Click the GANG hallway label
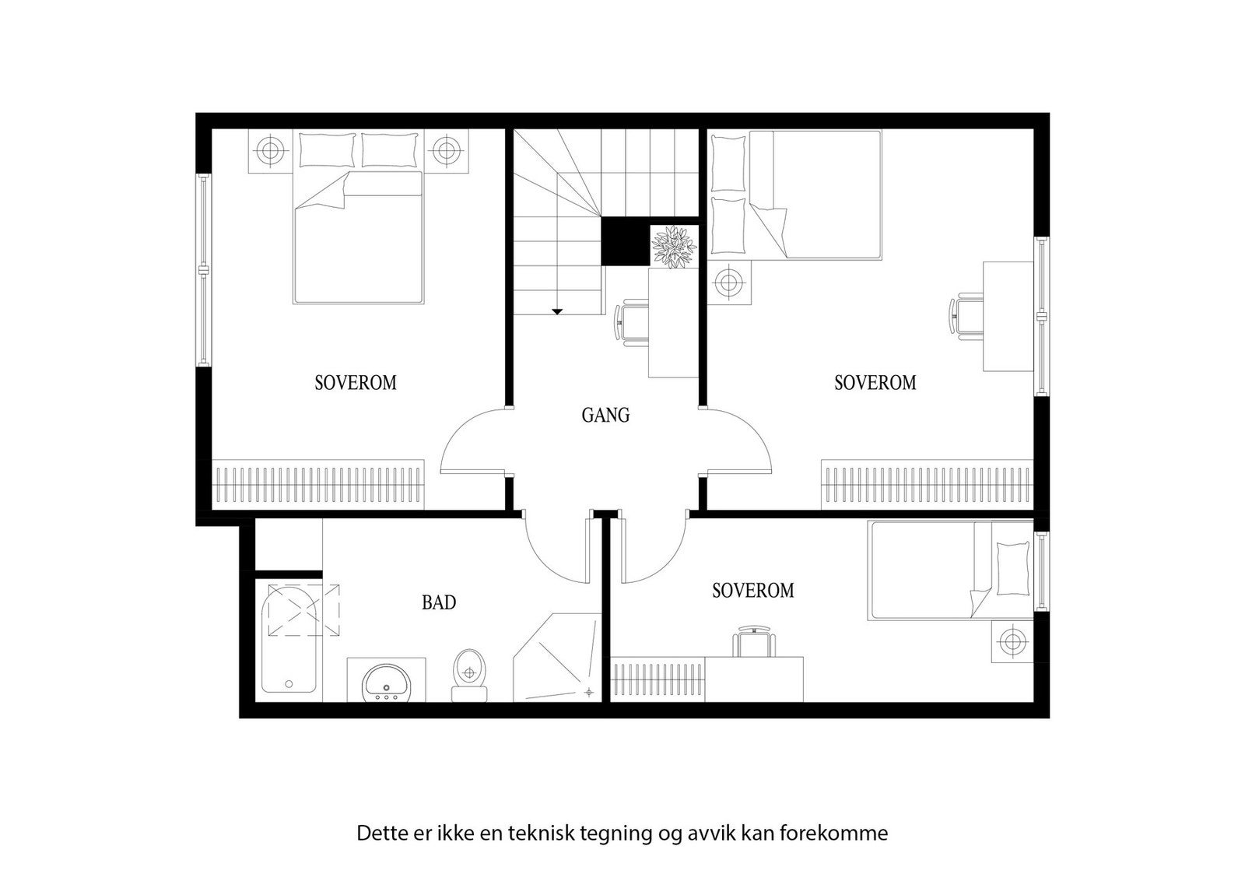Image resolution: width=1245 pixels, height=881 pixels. [x=605, y=416]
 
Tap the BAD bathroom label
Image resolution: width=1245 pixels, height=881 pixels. [x=439, y=602]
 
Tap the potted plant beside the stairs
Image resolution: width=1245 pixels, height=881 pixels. [x=674, y=247]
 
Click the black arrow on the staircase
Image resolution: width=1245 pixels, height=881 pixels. [x=557, y=311]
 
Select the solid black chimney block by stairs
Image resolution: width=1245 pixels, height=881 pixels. [x=626, y=241]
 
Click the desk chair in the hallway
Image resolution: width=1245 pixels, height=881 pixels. [x=632, y=322]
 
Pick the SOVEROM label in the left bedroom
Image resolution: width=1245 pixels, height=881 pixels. [x=356, y=383]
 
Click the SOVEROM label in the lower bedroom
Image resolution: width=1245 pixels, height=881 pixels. [x=752, y=591]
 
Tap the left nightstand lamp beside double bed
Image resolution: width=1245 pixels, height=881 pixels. [x=270, y=150]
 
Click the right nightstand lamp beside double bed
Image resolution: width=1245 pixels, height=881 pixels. [x=446, y=150]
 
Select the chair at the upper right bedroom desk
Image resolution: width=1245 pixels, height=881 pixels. [x=966, y=316]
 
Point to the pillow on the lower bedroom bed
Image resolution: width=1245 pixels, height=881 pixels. [x=1012, y=569]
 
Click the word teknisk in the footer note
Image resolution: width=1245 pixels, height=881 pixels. [x=539, y=834]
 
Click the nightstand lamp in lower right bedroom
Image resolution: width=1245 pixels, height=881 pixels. [x=1012, y=641]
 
